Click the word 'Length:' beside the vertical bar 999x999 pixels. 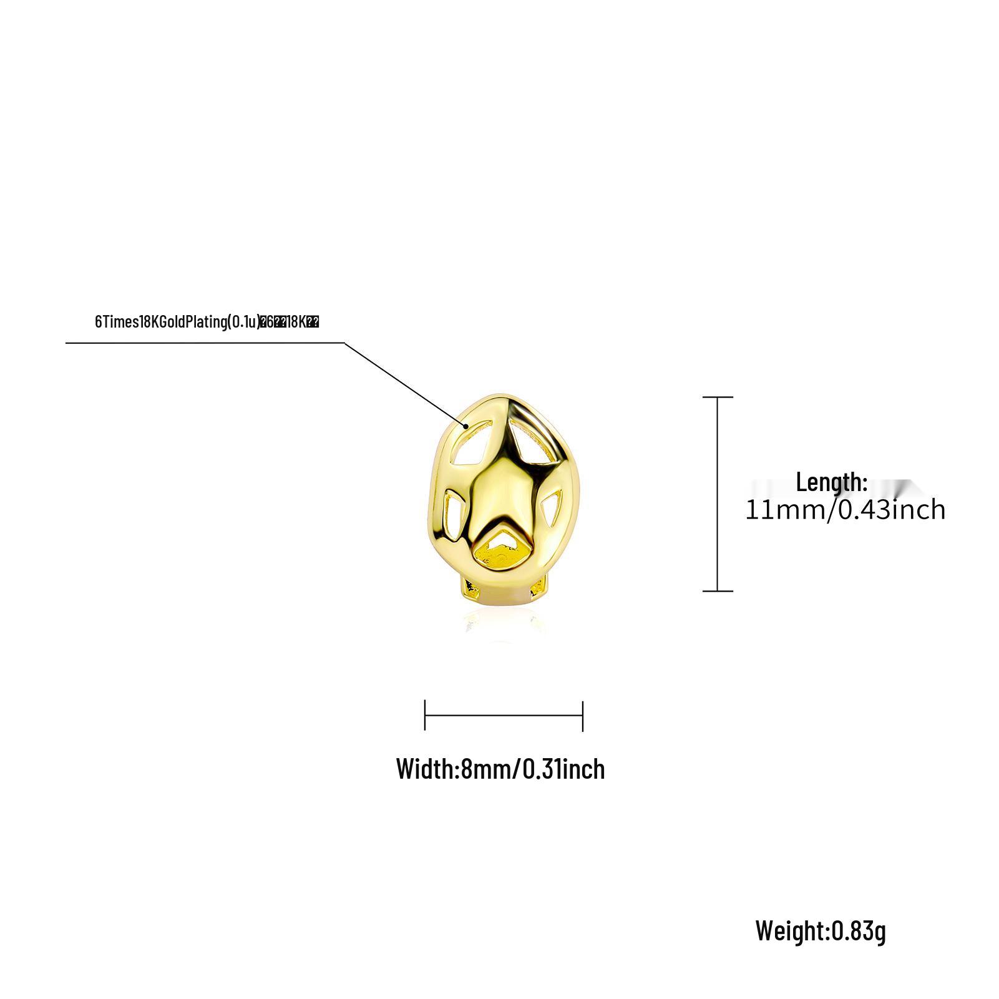point(832,482)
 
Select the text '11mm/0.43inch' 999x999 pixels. point(845,510)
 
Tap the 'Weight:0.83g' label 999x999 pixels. point(821,930)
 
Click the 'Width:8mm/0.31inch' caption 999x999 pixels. point(500,769)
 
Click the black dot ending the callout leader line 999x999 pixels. point(466,426)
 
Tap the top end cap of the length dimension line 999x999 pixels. point(718,397)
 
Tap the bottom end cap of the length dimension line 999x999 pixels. point(718,590)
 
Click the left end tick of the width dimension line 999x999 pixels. point(425,715)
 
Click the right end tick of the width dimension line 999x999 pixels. point(582,715)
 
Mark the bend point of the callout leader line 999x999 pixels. point(344,343)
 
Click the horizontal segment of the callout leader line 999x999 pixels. point(206,343)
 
